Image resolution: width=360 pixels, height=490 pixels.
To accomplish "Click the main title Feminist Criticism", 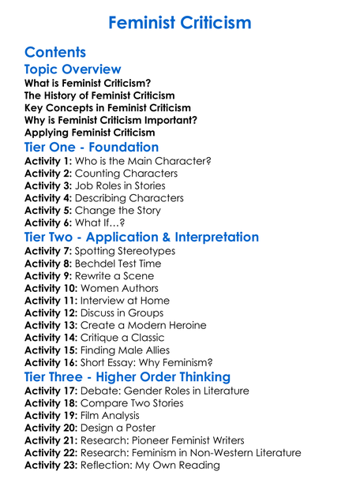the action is [180, 22].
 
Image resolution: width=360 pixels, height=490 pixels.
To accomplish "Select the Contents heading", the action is [55, 52].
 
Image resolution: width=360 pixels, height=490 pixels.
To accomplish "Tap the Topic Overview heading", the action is [73, 69].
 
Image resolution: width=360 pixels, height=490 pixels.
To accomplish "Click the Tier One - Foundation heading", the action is [92, 147].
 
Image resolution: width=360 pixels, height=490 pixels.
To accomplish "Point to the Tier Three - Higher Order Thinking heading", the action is [127, 376].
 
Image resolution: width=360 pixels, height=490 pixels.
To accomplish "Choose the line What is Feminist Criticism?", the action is [88, 83].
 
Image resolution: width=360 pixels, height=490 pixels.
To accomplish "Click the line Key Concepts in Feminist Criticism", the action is [107, 107].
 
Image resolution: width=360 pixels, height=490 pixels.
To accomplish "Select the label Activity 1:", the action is [49, 161].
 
